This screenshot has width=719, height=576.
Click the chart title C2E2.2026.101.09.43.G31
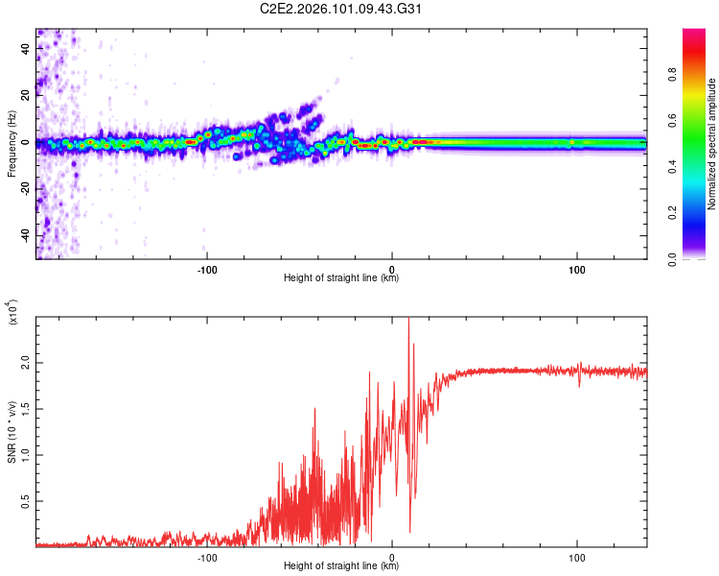pyautogui.click(x=359, y=10)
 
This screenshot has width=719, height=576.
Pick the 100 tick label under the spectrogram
pyautogui.click(x=577, y=268)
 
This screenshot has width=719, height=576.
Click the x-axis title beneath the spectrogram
pyautogui.click(x=341, y=278)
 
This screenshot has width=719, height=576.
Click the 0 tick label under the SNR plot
pyautogui.click(x=392, y=556)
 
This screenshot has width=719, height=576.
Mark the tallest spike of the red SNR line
pyautogui.click(x=408, y=321)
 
